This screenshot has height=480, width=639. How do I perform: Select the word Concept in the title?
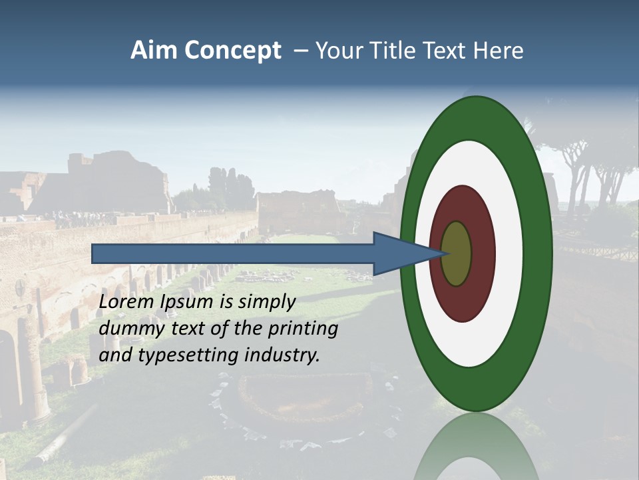coord(233,51)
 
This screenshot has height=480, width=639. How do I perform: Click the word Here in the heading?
coord(499,51)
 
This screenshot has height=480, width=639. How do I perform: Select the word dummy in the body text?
coord(126,329)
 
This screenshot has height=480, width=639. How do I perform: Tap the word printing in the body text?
coord(303,329)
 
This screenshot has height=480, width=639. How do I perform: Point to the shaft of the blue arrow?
coord(233,253)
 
